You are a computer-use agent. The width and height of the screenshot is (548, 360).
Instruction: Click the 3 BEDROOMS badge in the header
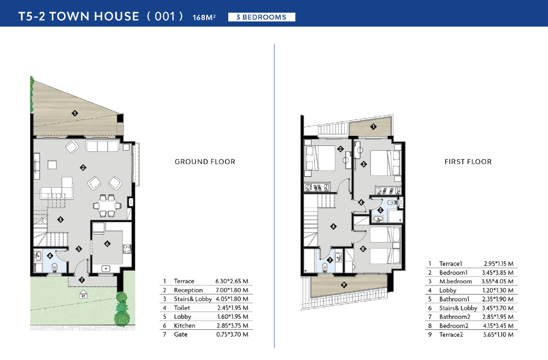coord(262,17)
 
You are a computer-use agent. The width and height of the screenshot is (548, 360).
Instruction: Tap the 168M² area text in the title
coord(204,17)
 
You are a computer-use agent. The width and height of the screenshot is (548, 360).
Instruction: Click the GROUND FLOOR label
coord(205,162)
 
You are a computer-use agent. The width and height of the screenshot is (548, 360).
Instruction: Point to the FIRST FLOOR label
coord(468,162)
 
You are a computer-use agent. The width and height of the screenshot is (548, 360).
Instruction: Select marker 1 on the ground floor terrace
coord(75,113)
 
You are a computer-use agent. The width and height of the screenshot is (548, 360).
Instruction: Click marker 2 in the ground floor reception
coord(83,168)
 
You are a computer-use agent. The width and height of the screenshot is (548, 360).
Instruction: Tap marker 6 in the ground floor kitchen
coord(107,244)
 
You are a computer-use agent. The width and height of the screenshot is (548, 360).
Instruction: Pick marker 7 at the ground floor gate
coord(82,280)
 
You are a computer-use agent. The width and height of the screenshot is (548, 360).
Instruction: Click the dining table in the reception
coord(107,205)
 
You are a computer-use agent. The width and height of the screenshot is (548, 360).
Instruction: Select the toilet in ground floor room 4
coord(55,267)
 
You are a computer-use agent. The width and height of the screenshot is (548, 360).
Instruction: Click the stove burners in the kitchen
coord(127,249)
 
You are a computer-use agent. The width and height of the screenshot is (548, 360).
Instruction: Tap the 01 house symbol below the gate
coord(83,294)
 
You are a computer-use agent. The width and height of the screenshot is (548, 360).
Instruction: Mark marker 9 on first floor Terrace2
coord(344,285)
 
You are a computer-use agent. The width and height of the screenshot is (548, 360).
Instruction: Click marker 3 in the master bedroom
coord(364,164)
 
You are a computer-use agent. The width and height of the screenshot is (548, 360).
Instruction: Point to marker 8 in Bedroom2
coord(363,249)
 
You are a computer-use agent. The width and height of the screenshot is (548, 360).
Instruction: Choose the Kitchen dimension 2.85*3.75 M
coord(232,325)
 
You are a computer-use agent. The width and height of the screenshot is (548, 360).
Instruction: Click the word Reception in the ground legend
coord(188,290)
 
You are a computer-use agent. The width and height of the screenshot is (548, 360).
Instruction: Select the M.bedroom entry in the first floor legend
coord(455,281)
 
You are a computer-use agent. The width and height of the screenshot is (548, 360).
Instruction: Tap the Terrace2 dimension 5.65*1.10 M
coord(498,334)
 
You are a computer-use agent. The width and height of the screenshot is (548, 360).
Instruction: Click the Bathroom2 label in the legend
coord(454,317)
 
